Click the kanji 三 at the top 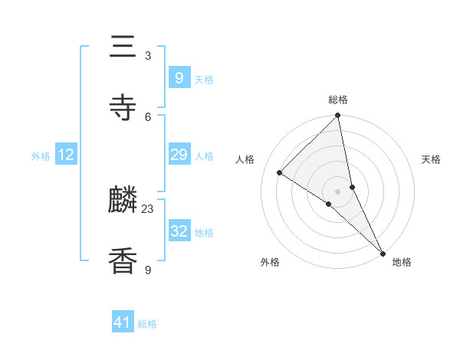click(123, 47)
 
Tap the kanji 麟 click(123, 201)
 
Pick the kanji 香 click(123, 260)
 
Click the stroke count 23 click(148, 208)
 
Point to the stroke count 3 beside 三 click(148, 56)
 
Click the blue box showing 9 click(179, 78)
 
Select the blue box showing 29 click(179, 155)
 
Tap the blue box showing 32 click(179, 231)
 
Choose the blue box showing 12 click(66, 155)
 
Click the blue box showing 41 click(123, 322)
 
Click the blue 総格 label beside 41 click(147, 324)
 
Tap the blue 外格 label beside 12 click(41, 156)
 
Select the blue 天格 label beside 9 click(204, 80)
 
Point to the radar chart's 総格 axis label click(338, 100)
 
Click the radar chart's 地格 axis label click(402, 262)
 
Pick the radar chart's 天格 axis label click(431, 159)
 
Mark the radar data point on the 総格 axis click(338, 116)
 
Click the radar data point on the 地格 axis click(383, 253)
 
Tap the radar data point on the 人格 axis click(280, 173)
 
